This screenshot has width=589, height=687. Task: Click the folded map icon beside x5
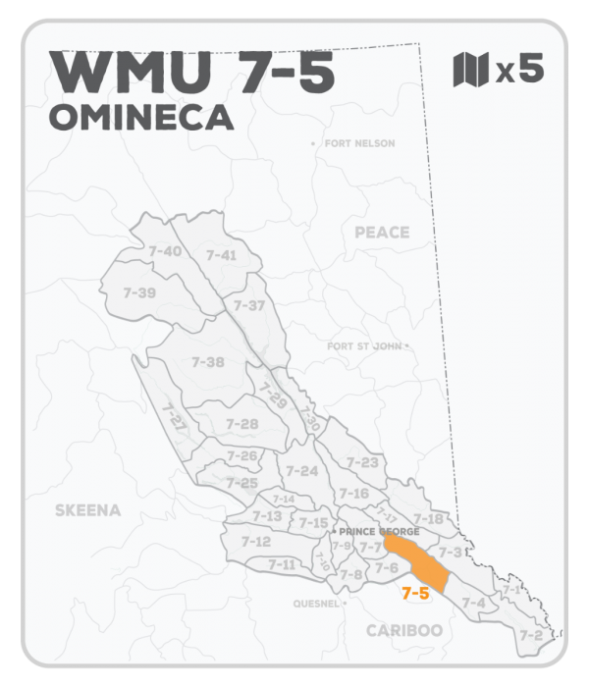pyautogui.click(x=470, y=71)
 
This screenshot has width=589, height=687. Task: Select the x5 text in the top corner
pyautogui.click(x=519, y=71)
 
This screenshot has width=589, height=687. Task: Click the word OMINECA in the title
pyautogui.click(x=140, y=117)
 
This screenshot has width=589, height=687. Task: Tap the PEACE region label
pyautogui.click(x=382, y=233)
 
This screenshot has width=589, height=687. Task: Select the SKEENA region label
pyautogui.click(x=88, y=510)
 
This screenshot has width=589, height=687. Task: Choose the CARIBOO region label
pyautogui.click(x=404, y=630)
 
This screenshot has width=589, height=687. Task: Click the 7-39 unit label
pyautogui.click(x=140, y=292)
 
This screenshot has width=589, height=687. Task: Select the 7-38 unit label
pyautogui.click(x=208, y=362)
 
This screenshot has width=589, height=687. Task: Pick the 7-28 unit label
pyautogui.click(x=241, y=424)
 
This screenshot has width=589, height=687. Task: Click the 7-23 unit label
pyautogui.click(x=362, y=462)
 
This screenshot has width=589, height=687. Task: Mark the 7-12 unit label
pyautogui.click(x=255, y=542)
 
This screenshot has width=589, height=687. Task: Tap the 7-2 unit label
pyautogui.click(x=530, y=636)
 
